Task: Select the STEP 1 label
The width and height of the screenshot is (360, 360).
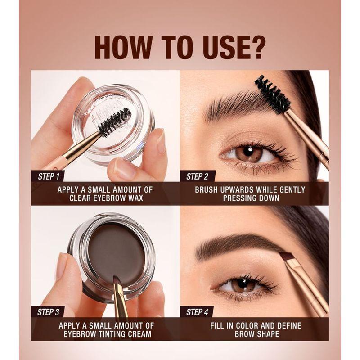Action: point(49,176)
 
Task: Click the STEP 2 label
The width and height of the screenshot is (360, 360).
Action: point(197,176)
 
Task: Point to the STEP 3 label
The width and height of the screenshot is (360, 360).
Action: point(48,312)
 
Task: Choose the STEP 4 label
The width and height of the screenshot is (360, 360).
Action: point(197,312)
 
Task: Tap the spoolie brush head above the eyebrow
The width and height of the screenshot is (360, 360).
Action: point(272,94)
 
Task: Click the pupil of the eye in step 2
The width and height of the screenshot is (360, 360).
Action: point(250,152)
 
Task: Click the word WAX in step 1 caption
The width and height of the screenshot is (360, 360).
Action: point(136,198)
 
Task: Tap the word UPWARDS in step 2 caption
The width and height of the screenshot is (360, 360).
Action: point(237,190)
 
